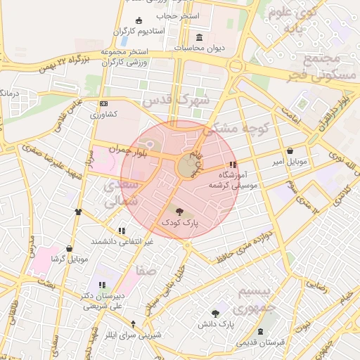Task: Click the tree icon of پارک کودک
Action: [x=180, y=210]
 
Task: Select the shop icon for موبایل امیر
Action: [x=290, y=150]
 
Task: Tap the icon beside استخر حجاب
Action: [x=139, y=20]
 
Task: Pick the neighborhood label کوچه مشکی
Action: [x=236, y=129]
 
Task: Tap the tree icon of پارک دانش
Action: [x=214, y=313]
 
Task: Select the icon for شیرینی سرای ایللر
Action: [x=134, y=323]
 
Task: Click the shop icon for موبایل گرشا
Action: [x=69, y=248]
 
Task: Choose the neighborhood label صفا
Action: [x=148, y=270]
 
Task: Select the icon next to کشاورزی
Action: [x=104, y=103]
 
